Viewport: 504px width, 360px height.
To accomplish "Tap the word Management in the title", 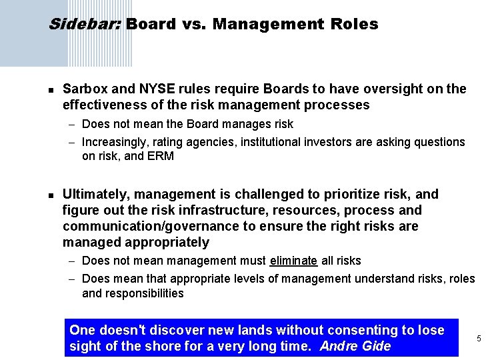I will [x=259, y=25].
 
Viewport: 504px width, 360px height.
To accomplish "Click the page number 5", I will [x=479, y=339].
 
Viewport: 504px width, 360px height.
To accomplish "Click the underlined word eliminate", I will [x=293, y=261].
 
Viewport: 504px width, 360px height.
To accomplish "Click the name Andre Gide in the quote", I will [x=355, y=346].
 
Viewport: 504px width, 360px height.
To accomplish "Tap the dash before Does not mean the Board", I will [x=73, y=124].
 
